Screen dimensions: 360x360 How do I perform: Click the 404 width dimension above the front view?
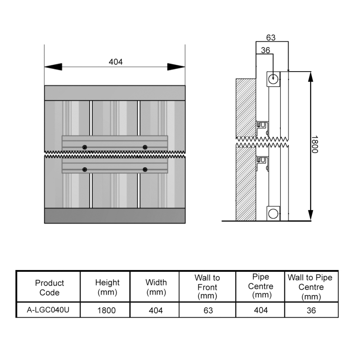116,62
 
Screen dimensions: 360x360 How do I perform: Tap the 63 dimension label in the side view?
271,38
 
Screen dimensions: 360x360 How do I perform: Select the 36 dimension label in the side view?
265,50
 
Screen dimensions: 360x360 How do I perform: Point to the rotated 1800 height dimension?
315,144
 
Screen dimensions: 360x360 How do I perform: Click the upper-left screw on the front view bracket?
85,147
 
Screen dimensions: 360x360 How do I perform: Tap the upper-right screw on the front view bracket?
145,147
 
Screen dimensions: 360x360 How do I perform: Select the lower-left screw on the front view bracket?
85,170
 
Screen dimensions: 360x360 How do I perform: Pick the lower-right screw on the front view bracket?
145,170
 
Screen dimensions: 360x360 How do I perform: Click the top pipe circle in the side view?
273,79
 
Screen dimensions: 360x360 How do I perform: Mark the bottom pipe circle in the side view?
273,214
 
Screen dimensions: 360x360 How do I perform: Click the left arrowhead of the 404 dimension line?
53,67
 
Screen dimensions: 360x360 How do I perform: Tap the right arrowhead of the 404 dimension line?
176,67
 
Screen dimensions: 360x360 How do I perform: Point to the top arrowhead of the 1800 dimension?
310,77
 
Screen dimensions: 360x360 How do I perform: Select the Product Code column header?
49,288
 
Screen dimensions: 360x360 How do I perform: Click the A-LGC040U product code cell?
48,310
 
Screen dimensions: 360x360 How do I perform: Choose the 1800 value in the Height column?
106,310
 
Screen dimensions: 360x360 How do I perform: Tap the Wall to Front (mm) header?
207,287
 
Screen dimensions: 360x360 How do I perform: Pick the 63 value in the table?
208,310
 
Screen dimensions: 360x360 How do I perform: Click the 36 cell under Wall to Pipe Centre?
311,310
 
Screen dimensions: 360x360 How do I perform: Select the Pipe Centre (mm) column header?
261,286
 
